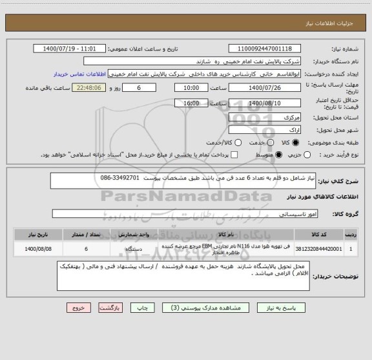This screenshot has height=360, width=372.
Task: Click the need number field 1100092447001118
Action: tap(265, 48)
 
